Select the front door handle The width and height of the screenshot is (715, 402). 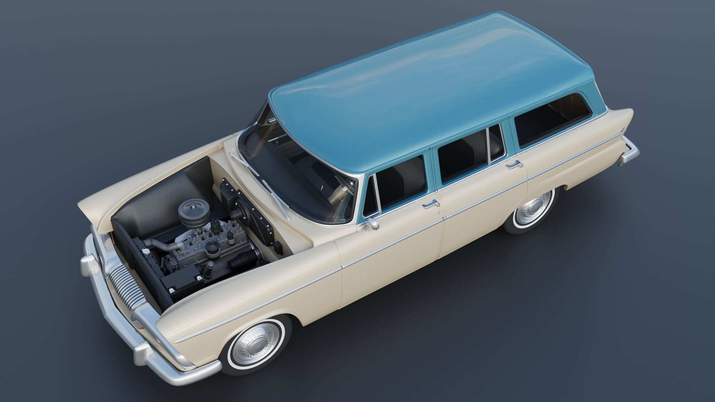(x=431, y=204)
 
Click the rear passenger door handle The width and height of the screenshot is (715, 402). (x=514, y=164)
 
